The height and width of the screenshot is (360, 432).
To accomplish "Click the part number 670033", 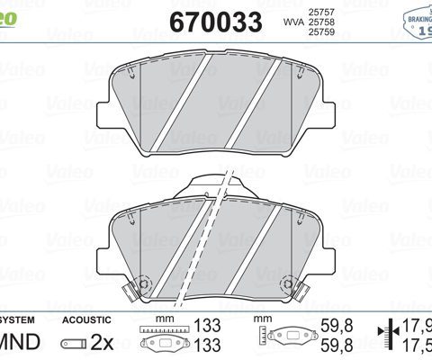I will [216, 21].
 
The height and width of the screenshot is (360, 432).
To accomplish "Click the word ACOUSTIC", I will [86, 319].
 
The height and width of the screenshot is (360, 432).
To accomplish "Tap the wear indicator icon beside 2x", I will [71, 343].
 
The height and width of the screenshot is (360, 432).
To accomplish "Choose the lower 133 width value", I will [209, 344].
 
